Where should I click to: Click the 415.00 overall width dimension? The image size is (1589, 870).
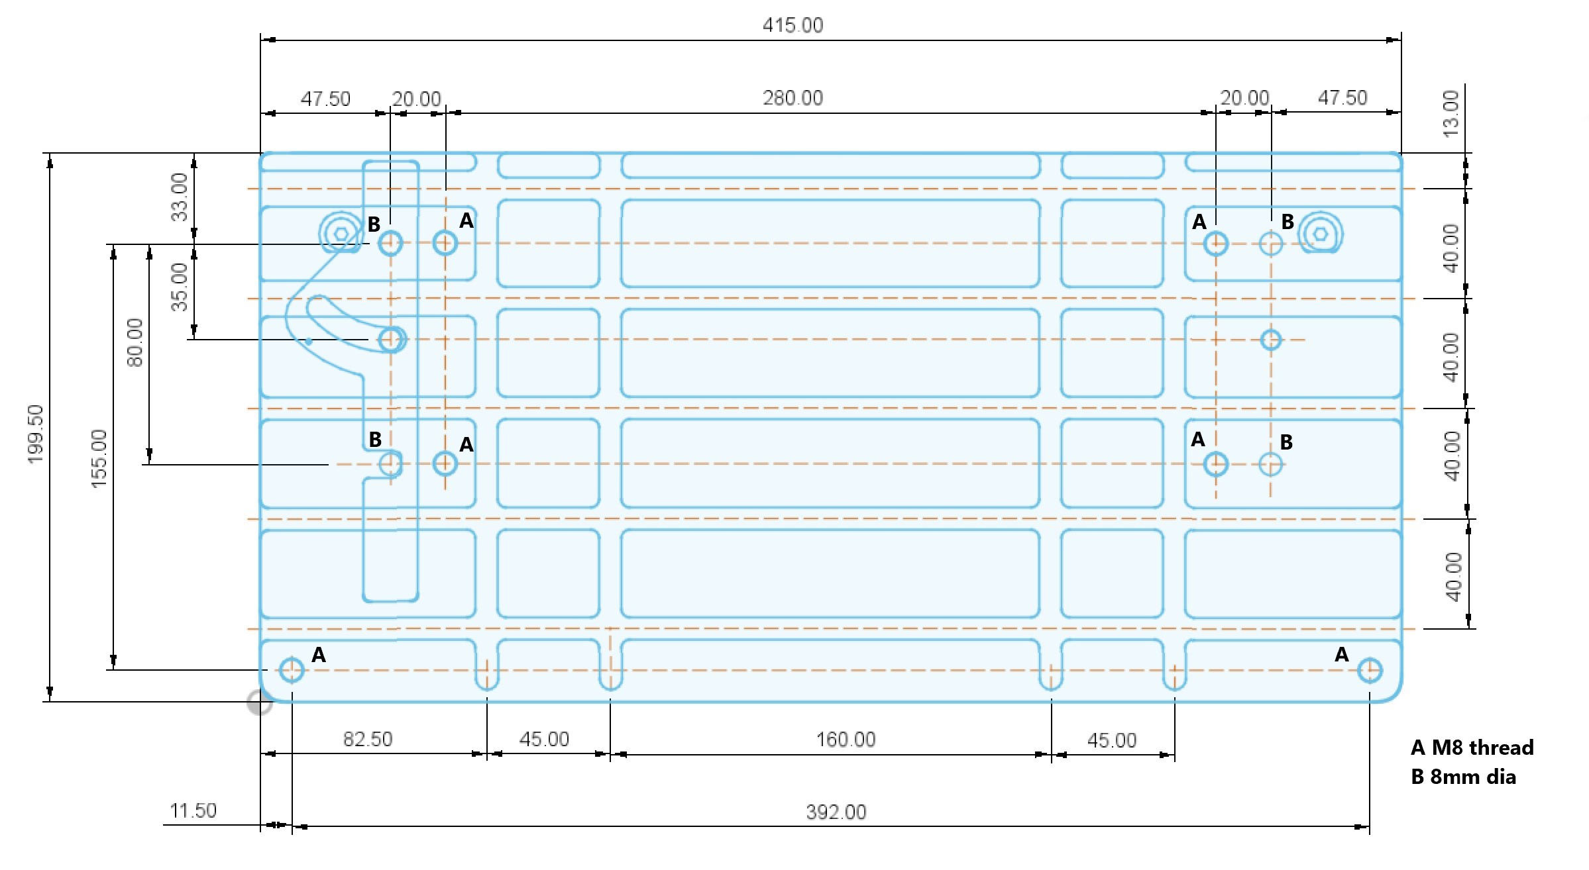click(x=793, y=25)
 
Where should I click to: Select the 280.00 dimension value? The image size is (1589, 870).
click(x=793, y=98)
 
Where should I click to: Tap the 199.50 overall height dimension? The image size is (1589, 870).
click(x=36, y=434)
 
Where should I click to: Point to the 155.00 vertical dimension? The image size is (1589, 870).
click(x=99, y=459)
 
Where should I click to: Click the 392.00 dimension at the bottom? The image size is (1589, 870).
click(x=836, y=812)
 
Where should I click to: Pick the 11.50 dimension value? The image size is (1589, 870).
click(x=193, y=810)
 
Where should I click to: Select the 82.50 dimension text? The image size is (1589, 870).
click(x=368, y=739)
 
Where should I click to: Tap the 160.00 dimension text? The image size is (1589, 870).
click(x=846, y=739)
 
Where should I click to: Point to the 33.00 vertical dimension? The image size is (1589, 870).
click(x=180, y=197)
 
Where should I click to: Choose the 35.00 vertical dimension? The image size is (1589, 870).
click(x=180, y=287)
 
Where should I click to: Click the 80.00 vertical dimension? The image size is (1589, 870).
click(x=135, y=342)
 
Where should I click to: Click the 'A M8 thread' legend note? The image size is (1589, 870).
click(x=1472, y=748)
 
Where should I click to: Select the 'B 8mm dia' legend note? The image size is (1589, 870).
click(x=1463, y=777)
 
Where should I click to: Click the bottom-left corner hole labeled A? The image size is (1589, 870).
click(x=292, y=670)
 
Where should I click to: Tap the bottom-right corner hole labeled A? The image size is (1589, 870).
click(x=1370, y=671)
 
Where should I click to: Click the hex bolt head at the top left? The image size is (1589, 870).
click(x=341, y=234)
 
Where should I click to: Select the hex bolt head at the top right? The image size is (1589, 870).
click(x=1319, y=234)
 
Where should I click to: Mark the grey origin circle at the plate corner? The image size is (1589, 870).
click(x=259, y=702)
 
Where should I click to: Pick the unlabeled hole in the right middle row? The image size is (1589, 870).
click(x=1270, y=340)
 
